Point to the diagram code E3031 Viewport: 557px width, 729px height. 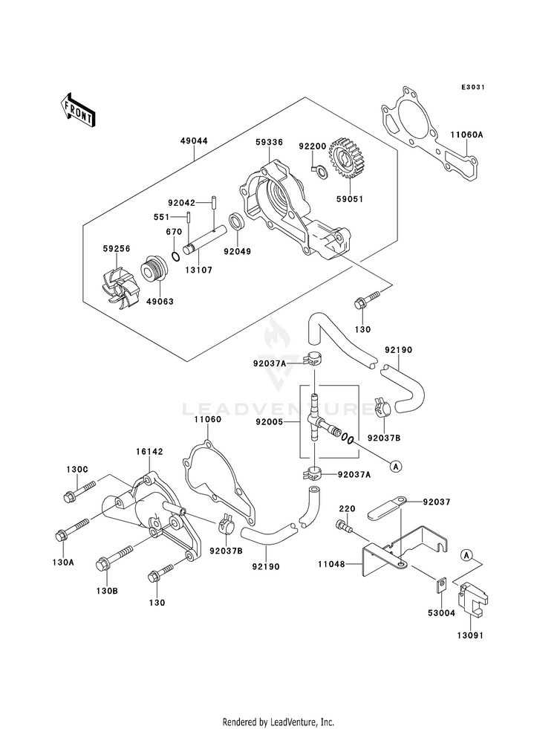[x=473, y=87]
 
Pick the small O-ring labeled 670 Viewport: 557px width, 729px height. [x=175, y=256]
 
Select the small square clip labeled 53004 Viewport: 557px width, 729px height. [x=441, y=585]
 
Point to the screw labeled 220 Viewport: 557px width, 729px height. [x=344, y=527]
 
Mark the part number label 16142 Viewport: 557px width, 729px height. [x=149, y=452]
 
